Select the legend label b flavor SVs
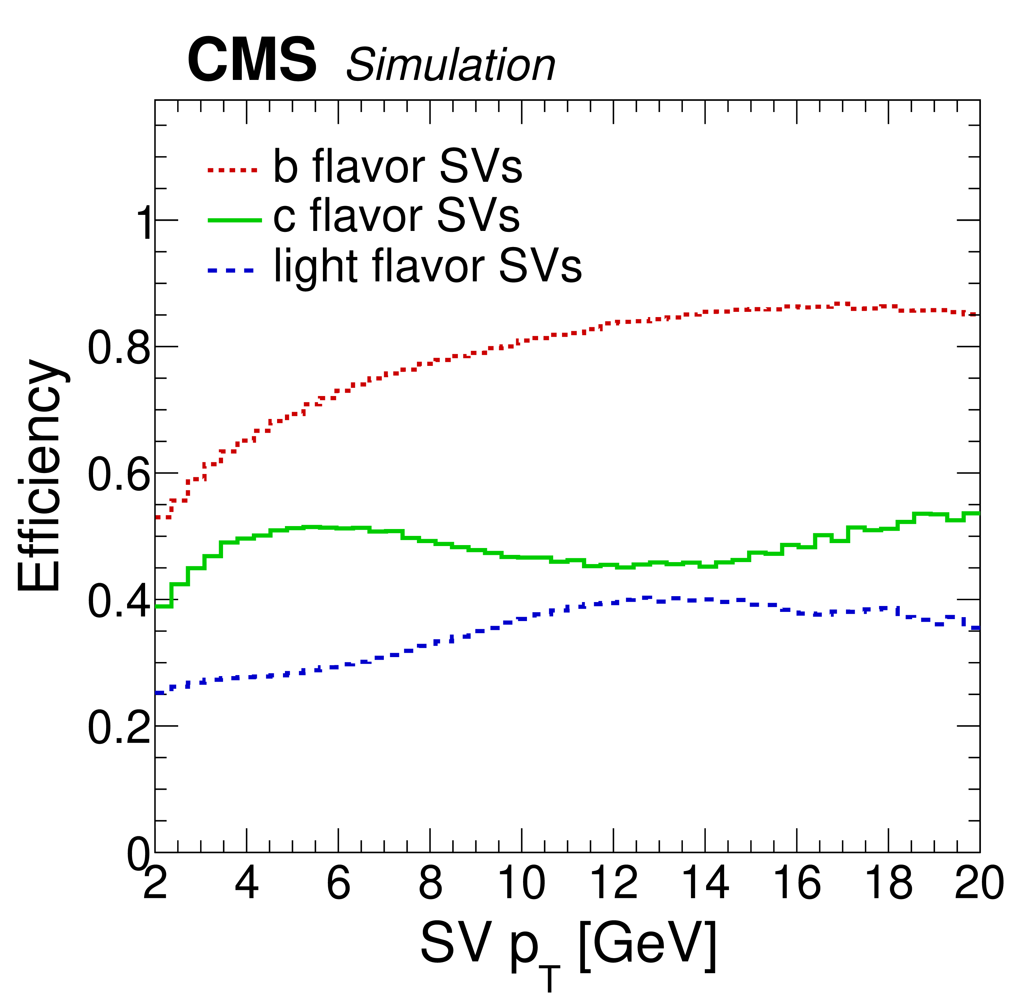[x=397, y=166]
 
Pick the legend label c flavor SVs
[x=396, y=216]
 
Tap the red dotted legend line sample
[x=232, y=170]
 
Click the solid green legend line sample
[x=235, y=220]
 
